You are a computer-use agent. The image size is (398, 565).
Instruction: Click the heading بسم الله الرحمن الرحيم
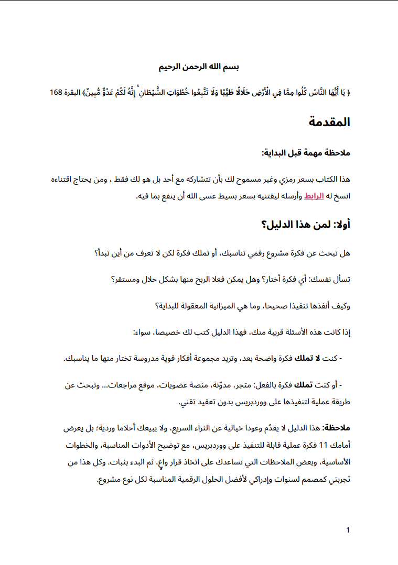tap(199, 68)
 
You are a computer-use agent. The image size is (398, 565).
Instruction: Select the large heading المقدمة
tap(329, 123)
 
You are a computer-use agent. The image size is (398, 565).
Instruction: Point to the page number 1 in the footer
tap(348, 530)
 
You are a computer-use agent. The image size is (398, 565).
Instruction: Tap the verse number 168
tap(56, 93)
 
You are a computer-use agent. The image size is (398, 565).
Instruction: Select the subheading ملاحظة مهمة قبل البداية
tap(306, 153)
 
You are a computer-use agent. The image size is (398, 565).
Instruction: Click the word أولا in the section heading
tap(340, 225)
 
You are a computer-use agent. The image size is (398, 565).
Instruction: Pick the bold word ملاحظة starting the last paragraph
tap(336, 428)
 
